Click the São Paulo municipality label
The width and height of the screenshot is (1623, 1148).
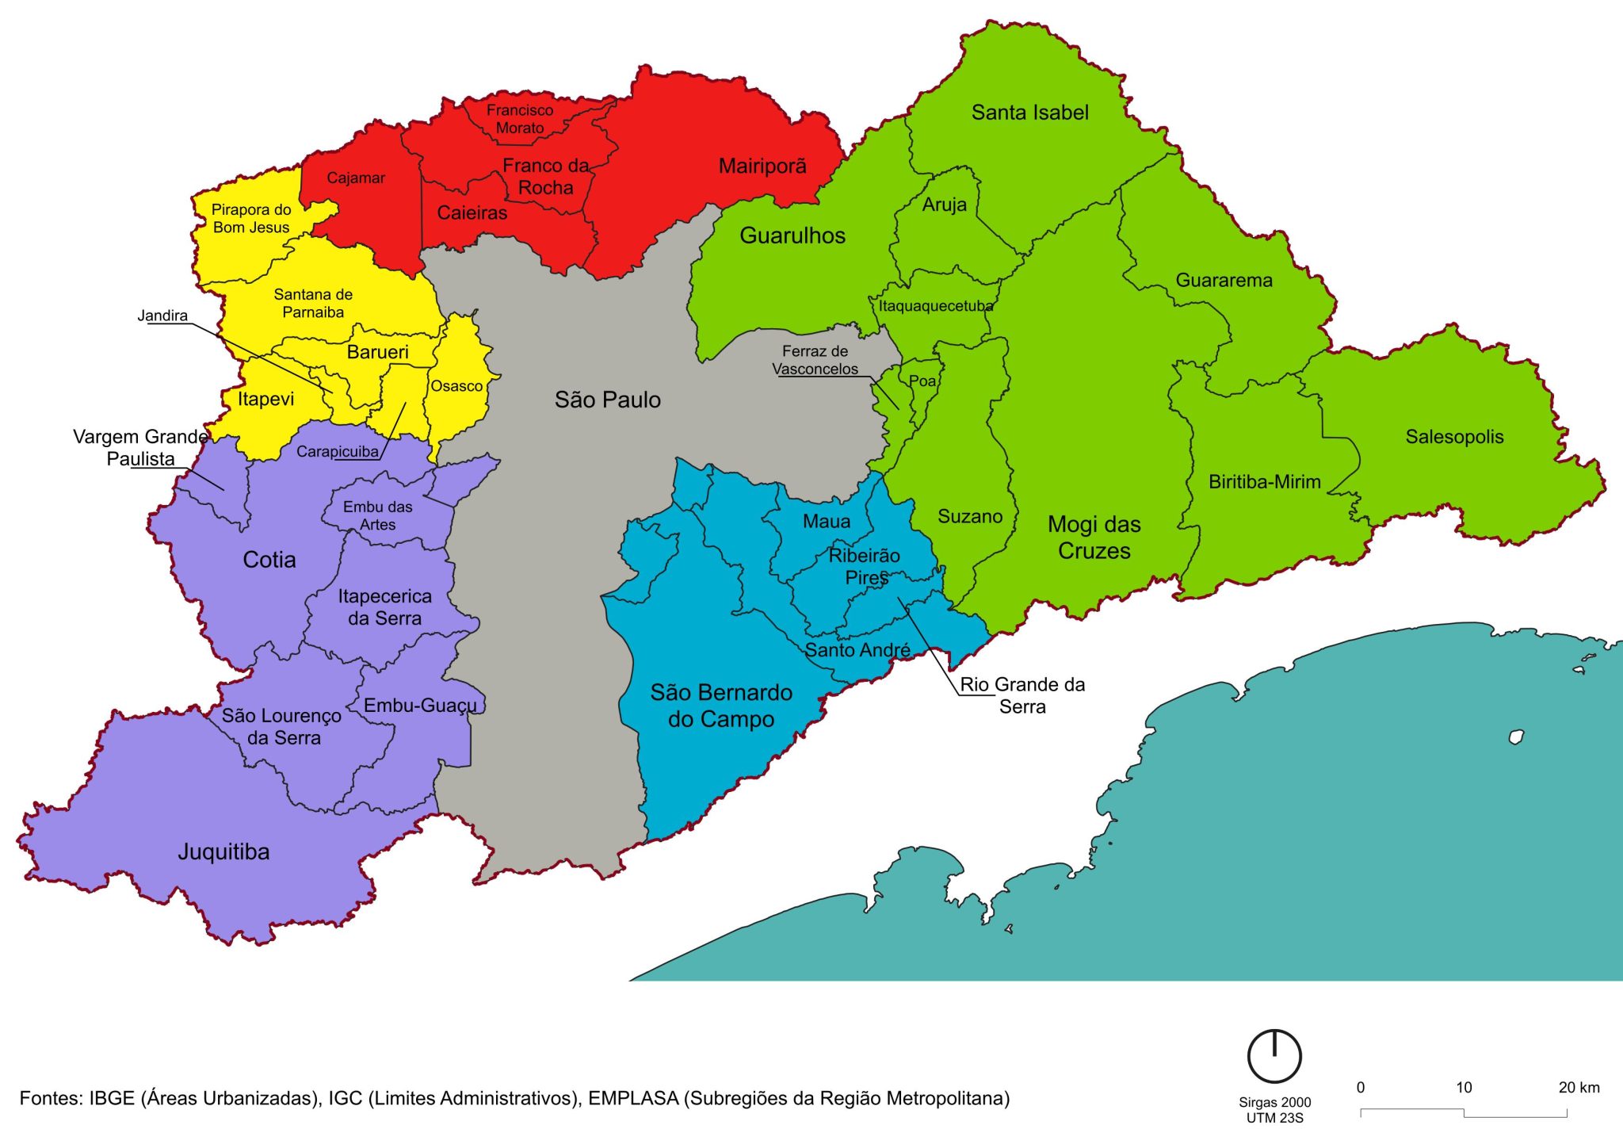tap(607, 400)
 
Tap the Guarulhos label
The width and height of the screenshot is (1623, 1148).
tap(792, 235)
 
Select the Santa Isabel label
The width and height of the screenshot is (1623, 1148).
tap(1029, 113)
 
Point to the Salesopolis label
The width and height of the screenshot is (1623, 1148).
tap(1453, 437)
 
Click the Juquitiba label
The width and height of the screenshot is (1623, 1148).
tap(223, 851)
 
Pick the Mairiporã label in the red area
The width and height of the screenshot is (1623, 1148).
tap(762, 166)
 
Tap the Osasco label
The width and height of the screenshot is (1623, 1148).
tap(456, 386)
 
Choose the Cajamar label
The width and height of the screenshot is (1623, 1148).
tap(356, 178)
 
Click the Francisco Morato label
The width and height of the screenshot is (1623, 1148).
tap(520, 119)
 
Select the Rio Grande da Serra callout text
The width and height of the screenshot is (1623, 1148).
tap(1022, 695)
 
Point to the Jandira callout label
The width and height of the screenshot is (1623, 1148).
tap(162, 316)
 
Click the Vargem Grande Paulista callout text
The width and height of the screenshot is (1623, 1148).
tap(140, 447)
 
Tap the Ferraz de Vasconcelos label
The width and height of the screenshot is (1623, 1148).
tap(815, 360)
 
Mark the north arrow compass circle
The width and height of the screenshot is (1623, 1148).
tap(1274, 1056)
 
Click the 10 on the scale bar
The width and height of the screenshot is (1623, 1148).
tap(1463, 1088)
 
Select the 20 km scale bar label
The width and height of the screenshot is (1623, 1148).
tap(1578, 1088)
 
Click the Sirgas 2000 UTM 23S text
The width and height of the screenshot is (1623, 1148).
tap(1274, 1110)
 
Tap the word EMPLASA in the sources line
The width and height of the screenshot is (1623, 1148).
tap(633, 1099)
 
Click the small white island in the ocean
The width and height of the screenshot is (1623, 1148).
tap(1516, 737)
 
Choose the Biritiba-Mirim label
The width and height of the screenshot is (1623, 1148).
tap(1264, 482)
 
